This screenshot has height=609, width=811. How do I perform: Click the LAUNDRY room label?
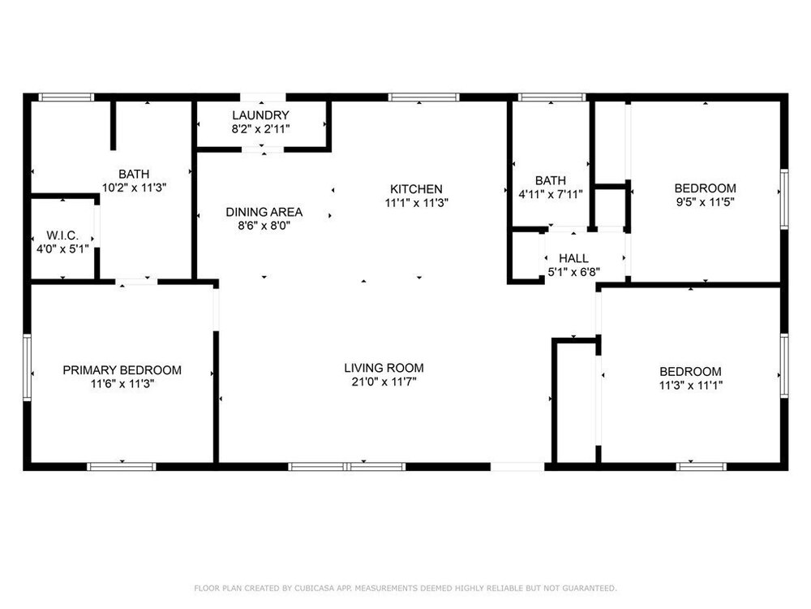(x=260, y=115)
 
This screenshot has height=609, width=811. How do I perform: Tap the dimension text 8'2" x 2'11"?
(x=260, y=129)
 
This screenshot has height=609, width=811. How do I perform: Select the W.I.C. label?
(x=62, y=235)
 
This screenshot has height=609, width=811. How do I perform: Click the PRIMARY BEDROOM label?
(x=122, y=370)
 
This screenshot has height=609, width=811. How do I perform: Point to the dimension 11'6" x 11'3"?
(x=122, y=384)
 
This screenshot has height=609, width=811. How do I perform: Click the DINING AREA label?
(x=264, y=212)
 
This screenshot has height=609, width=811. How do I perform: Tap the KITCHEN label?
(x=416, y=189)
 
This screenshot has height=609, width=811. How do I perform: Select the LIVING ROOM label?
(x=384, y=368)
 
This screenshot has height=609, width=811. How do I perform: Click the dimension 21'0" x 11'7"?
(x=384, y=382)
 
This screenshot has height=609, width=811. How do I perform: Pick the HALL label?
(x=573, y=258)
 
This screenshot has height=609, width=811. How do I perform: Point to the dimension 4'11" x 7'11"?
(x=551, y=195)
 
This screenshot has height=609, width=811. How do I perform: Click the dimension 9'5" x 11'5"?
(x=705, y=202)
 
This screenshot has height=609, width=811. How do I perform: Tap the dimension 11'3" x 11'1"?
(x=690, y=385)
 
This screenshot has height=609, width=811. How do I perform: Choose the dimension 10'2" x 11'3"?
(x=134, y=188)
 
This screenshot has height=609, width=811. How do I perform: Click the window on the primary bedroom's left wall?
(x=27, y=367)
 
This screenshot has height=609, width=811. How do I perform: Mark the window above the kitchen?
(x=423, y=97)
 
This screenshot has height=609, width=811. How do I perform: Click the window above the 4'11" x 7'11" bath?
(x=551, y=97)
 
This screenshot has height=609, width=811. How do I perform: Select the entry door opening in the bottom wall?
(x=517, y=467)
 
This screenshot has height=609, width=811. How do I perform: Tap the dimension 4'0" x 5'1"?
(x=62, y=249)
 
